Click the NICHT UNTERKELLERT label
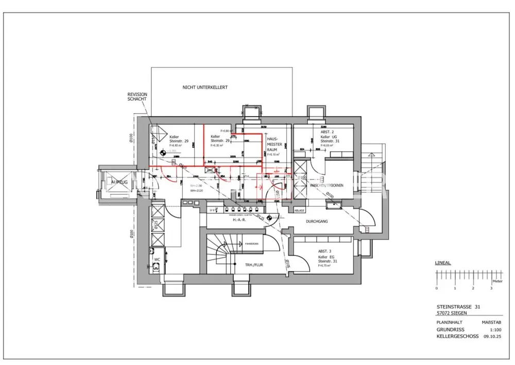tap(205, 88)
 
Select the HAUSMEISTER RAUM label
tap(272, 144)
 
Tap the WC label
tap(157, 260)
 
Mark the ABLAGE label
tap(300, 211)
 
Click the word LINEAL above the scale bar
tap(443, 263)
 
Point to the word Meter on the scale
tap(497, 282)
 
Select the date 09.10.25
tap(491, 336)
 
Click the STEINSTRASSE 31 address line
tap(458, 306)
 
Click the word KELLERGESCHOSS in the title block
tap(457, 336)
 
